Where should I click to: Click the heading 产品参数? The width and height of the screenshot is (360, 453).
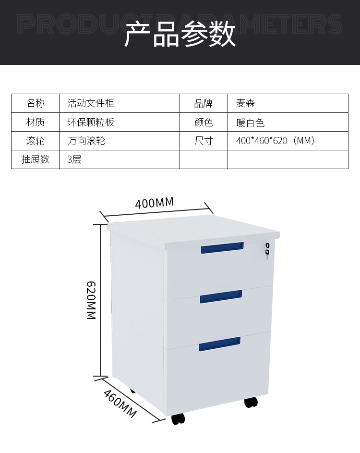coord(180,34)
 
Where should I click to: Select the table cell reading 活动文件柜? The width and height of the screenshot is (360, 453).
coord(91,103)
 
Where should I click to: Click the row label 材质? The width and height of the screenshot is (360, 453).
coord(35,122)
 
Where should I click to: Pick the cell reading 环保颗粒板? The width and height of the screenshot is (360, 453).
coord(91,122)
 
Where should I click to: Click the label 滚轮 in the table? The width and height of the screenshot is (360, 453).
coord(35,141)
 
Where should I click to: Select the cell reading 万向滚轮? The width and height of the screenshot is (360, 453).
coord(86,141)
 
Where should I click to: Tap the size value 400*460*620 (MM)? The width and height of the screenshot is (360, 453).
coord(276,141)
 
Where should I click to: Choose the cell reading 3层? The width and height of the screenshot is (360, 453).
coord(74,159)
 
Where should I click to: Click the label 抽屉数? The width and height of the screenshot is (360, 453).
coord(35,159)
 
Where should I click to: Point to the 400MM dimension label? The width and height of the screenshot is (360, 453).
coord(154,202)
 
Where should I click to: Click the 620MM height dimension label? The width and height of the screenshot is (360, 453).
coord(91,301)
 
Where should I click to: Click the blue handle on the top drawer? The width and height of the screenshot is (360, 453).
coord(222,247)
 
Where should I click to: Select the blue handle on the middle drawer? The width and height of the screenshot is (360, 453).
coord(220,297)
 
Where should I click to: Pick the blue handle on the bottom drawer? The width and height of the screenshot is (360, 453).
coord(219,343)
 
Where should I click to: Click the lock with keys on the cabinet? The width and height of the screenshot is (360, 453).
coord(267,250)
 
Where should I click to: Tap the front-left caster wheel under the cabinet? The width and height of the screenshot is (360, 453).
coord(178,419)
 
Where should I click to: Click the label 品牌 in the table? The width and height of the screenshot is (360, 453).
coord(203,103)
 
